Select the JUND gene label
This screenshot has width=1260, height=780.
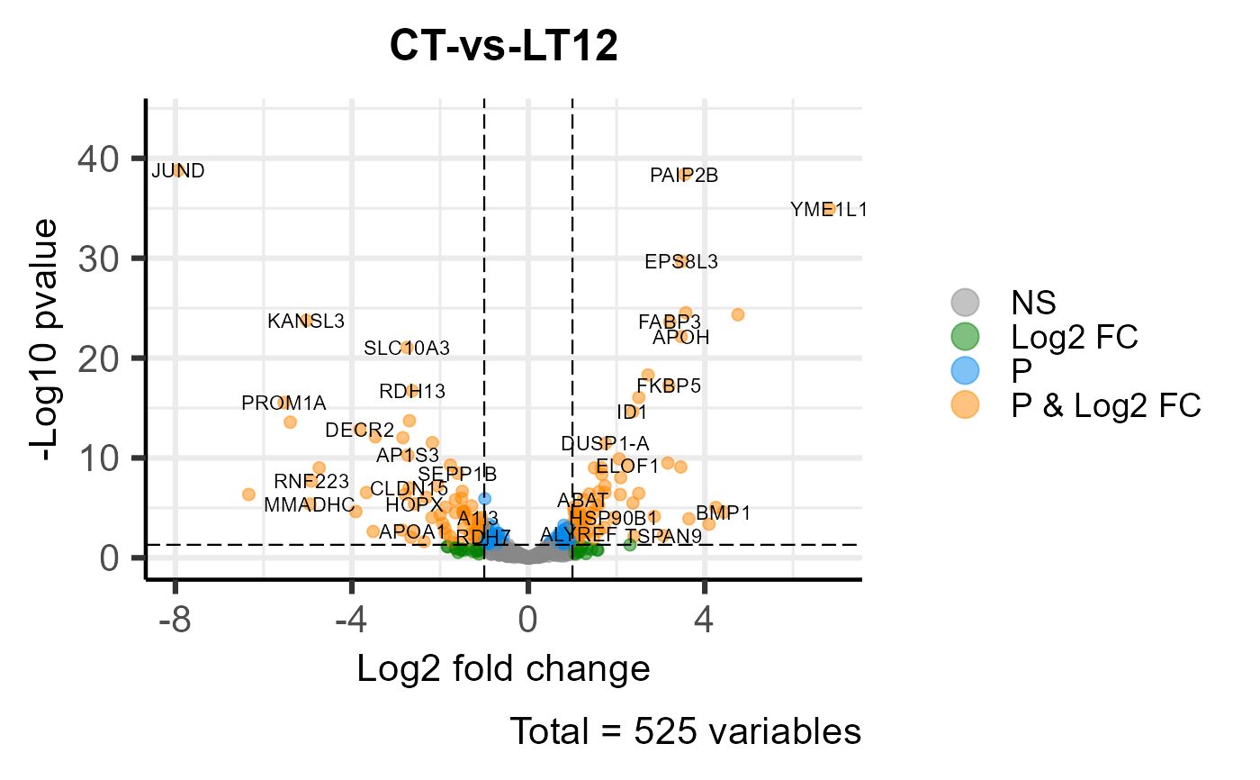click(177, 170)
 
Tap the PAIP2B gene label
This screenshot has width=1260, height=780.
click(684, 176)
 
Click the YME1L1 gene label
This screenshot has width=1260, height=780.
click(829, 210)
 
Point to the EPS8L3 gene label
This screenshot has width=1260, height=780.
click(681, 262)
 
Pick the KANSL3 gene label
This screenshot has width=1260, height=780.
click(306, 321)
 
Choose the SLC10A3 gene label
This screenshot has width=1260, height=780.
click(407, 348)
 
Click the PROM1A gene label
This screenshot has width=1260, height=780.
click(283, 403)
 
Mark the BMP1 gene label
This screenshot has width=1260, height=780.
click(723, 512)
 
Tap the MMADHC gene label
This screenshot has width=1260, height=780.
click(309, 504)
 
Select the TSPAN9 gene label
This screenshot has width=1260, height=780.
click(663, 536)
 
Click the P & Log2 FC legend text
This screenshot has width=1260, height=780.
click(1106, 405)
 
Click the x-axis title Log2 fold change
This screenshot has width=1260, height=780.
click(503, 669)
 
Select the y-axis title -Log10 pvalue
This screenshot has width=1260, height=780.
click(46, 340)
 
